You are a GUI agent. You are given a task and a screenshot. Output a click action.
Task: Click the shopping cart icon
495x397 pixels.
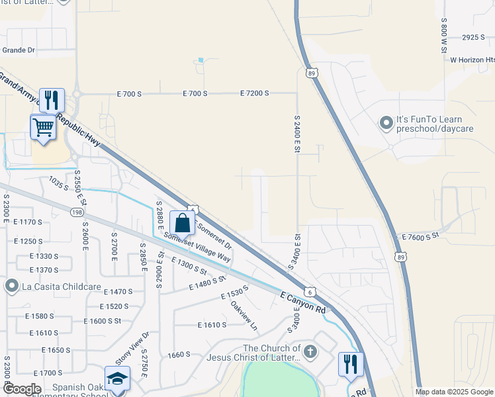[44, 126]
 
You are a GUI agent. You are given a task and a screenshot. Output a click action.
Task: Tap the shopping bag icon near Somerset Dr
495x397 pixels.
[182, 223]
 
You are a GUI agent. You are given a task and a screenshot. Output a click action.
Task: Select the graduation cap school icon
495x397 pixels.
[117, 378]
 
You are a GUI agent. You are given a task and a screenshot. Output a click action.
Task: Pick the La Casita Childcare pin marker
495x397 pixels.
[11, 286]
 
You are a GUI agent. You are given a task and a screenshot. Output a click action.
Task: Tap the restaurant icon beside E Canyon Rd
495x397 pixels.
[351, 365]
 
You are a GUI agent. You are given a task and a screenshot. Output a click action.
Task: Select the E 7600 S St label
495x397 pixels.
[420, 236]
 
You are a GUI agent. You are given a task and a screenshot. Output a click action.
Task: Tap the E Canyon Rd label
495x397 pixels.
[303, 303]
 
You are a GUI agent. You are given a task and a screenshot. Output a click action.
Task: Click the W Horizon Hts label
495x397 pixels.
[472, 60]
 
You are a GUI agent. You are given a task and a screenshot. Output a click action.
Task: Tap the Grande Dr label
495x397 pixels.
[18, 50]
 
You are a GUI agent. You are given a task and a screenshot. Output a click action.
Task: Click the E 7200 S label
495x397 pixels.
[254, 93]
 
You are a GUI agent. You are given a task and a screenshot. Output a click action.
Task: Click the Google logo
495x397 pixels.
[22, 389]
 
